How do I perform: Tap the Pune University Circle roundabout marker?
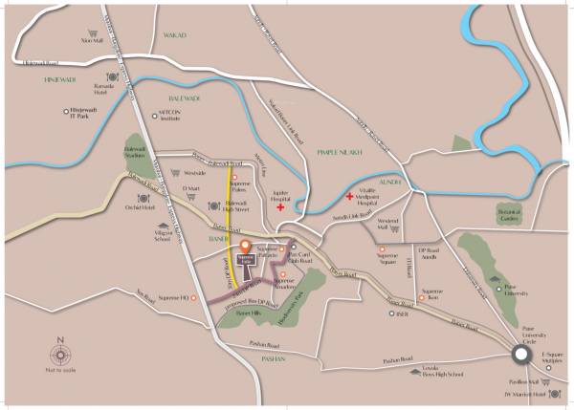(x=522, y=356)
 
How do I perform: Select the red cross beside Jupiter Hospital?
(x=280, y=206)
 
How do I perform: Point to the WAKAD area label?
(x=174, y=35)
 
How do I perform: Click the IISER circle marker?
(x=387, y=313)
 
